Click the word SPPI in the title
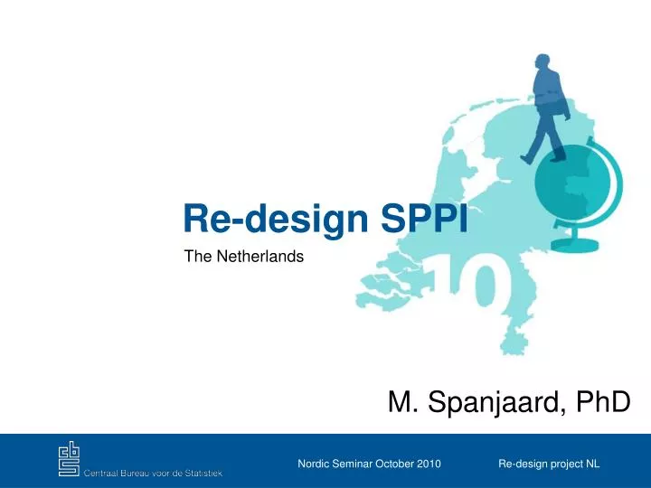pos(424,219)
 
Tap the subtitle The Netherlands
pos(244,256)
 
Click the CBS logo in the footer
pos(69,458)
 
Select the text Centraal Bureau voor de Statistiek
pos(153,473)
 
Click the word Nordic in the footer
pos(314,464)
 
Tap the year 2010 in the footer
pos(429,464)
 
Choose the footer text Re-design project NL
pos(549,464)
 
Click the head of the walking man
pos(542,61)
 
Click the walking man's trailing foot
pos(526,158)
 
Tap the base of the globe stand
pos(575,245)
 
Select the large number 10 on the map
pos(465,281)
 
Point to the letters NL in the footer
pos(593,464)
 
